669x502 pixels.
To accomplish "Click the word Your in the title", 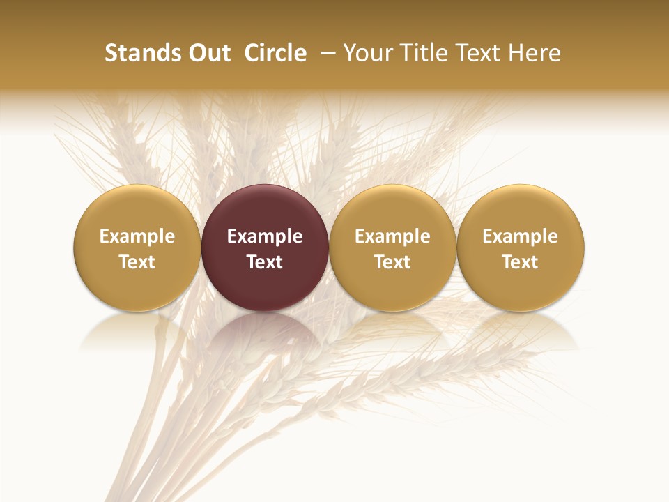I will (x=370, y=53).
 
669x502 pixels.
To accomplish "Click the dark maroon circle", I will (x=265, y=248).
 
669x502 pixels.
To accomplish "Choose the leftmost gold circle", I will (x=137, y=248).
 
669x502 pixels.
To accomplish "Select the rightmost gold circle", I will (x=521, y=248).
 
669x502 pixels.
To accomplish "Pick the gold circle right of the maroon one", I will (x=392, y=248).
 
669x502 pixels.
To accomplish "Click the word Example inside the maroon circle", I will (x=265, y=236).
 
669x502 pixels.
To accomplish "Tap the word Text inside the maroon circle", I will (x=265, y=262).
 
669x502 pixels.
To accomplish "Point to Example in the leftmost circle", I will (x=137, y=236).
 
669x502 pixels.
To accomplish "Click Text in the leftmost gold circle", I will (x=137, y=262).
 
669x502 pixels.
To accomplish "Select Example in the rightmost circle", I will (x=521, y=236).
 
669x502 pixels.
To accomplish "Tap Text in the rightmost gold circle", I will (x=521, y=262).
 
